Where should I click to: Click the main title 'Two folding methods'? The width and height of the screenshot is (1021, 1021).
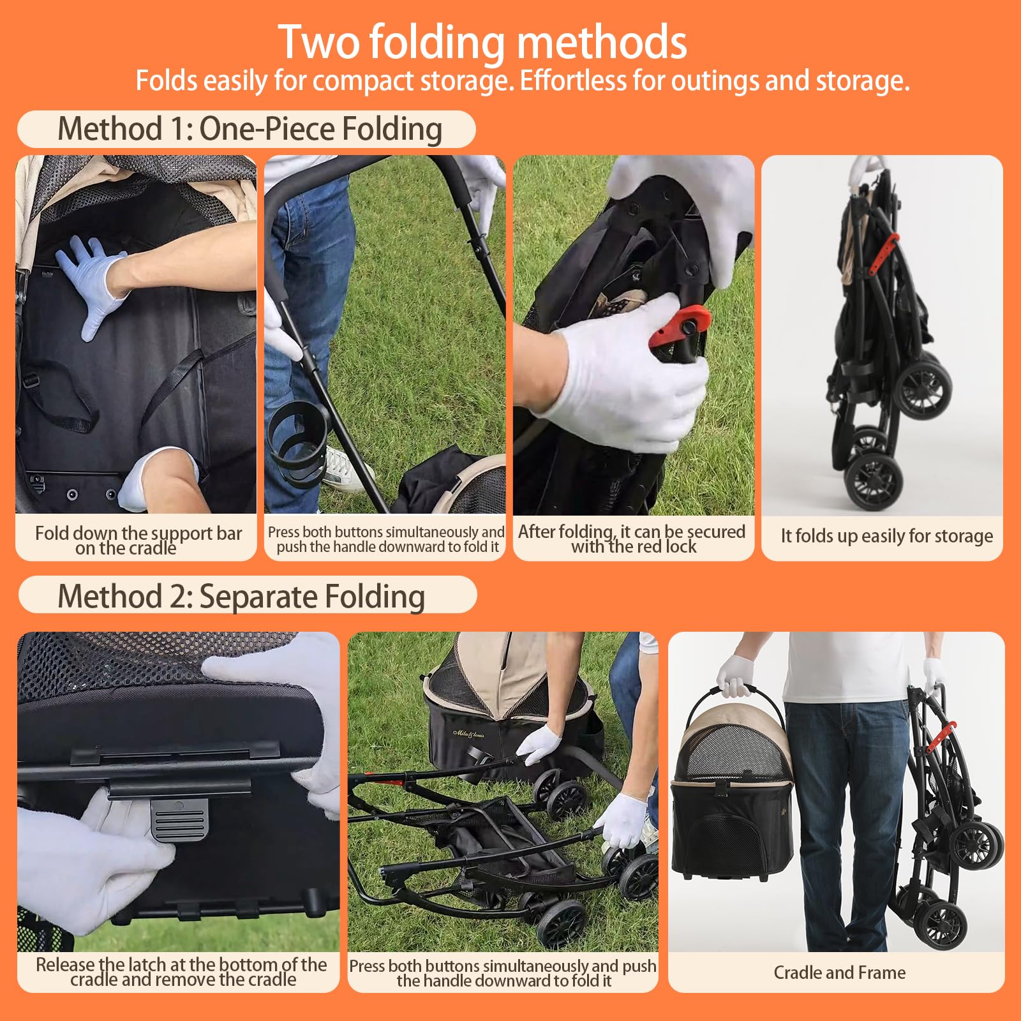pos(482,42)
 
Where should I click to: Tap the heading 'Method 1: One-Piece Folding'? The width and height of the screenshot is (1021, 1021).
pos(250,129)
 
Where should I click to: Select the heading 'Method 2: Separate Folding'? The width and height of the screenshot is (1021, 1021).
pos(241,597)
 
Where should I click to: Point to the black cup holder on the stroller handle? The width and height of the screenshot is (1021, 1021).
pos(299,443)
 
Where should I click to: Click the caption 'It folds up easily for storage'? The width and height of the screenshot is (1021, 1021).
pos(886,535)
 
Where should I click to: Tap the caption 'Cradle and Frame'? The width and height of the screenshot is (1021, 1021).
pos(839,973)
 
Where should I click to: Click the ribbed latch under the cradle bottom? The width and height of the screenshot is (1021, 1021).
pos(181,817)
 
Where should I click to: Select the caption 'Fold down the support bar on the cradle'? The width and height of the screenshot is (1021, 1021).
pos(138,540)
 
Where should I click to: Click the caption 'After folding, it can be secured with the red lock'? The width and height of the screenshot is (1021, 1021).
pos(632,539)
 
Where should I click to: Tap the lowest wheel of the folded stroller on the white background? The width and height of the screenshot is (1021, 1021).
pos(874,481)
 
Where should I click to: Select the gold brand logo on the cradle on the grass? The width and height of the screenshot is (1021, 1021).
pos(469,734)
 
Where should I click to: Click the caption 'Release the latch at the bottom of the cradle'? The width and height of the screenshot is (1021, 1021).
pos(182,972)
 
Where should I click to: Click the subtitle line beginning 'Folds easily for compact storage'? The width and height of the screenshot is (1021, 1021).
pos(523,81)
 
